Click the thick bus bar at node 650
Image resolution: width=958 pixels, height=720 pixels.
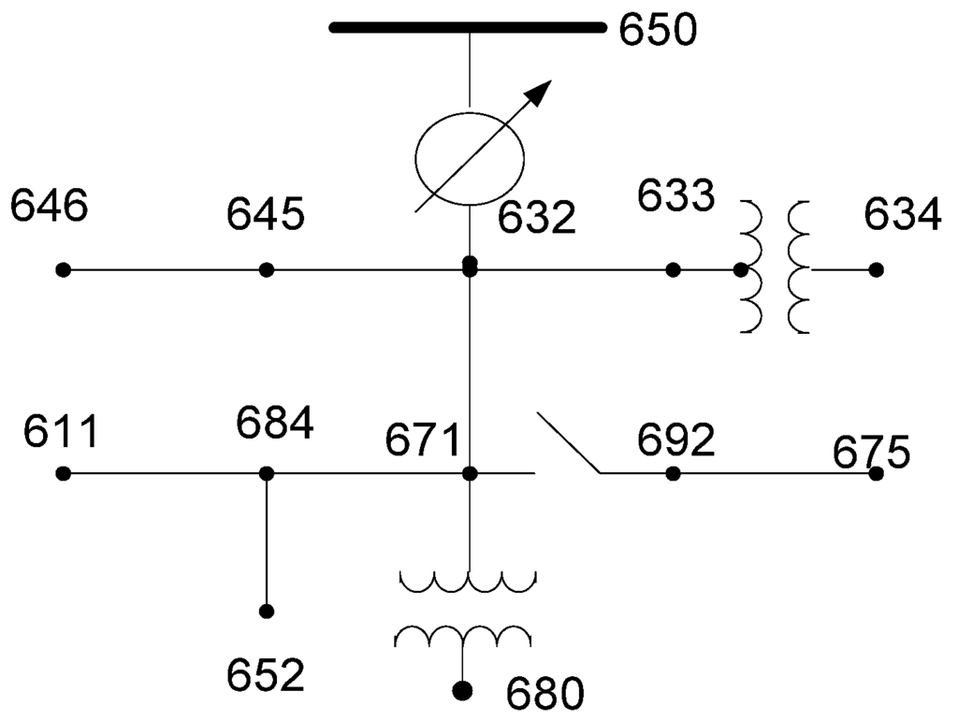pyautogui.click(x=468, y=27)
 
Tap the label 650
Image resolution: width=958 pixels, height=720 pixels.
pyautogui.click(x=657, y=30)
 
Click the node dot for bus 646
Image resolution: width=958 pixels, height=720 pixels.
pyautogui.click(x=63, y=270)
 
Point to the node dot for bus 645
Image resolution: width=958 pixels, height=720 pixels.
pyautogui.click(x=267, y=270)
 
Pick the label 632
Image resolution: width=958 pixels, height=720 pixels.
pyautogui.click(x=536, y=219)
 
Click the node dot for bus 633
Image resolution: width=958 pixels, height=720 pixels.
pyautogui.click(x=673, y=270)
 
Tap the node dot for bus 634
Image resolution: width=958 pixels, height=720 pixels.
pyautogui.click(x=876, y=270)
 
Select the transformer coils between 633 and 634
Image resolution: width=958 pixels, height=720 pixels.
pyautogui.click(x=775, y=267)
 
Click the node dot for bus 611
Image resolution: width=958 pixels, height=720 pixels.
pyautogui.click(x=63, y=474)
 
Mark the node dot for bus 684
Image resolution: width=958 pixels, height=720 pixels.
pyautogui.click(x=267, y=474)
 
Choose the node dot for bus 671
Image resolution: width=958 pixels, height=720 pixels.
pyautogui.click(x=471, y=474)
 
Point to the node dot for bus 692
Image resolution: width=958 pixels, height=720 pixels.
pyautogui.click(x=673, y=474)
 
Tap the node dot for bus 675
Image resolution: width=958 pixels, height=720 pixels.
pyautogui.click(x=876, y=474)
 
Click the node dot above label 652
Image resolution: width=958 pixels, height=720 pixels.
pyautogui.click(x=267, y=612)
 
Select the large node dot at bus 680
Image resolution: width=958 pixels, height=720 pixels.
pyautogui.click(x=461, y=691)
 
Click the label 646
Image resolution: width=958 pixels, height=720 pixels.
pyautogui.click(x=49, y=206)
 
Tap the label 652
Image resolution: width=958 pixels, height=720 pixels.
pyautogui.click(x=267, y=675)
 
